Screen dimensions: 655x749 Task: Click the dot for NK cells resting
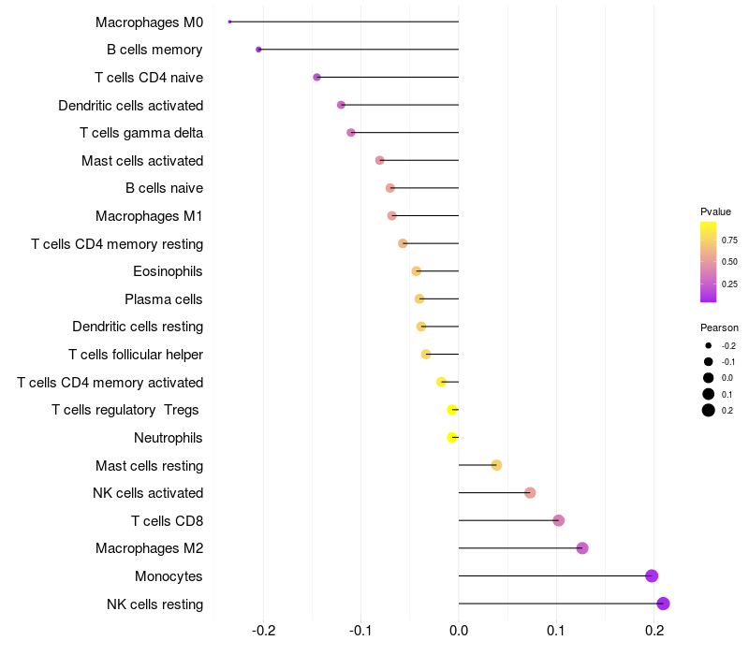[x=663, y=604]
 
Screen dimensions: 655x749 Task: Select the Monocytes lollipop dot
[x=652, y=576]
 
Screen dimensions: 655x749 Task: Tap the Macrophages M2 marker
[x=582, y=548]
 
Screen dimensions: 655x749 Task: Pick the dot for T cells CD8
[x=559, y=521]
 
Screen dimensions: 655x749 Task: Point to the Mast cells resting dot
[x=496, y=466]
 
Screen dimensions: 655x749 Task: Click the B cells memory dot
[x=258, y=50]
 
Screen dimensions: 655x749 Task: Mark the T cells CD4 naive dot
[x=316, y=78]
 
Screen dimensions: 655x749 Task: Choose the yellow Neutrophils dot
[x=452, y=438]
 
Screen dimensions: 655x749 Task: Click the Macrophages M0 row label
[x=149, y=22]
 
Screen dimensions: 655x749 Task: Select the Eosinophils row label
[x=169, y=271]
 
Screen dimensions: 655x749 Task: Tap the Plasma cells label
[x=164, y=299]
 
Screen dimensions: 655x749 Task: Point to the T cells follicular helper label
[x=136, y=355]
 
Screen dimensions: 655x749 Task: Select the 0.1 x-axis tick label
[x=556, y=632]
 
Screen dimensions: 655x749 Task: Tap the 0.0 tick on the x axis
[x=459, y=632]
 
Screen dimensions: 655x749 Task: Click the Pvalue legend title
[x=715, y=211]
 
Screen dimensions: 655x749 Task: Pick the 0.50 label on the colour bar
[x=729, y=262]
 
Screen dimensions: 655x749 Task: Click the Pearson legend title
[x=719, y=327]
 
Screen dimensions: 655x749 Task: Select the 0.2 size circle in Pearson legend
[x=709, y=410]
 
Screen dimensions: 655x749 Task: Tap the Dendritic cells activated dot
[x=341, y=105]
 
